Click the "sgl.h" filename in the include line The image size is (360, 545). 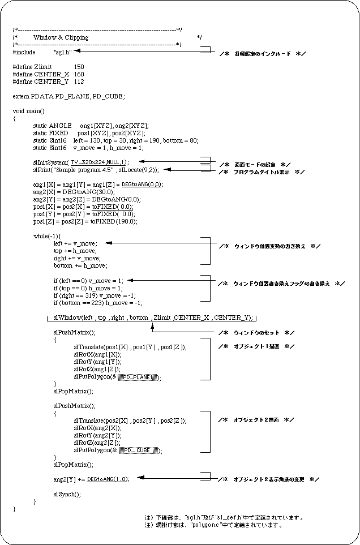coord(62,52)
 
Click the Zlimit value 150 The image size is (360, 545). coord(79,67)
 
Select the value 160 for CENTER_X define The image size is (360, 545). coord(79,74)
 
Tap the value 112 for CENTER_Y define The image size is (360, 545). coord(79,81)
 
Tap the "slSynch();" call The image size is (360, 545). coord(67,494)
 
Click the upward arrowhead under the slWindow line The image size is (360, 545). coord(152,324)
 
